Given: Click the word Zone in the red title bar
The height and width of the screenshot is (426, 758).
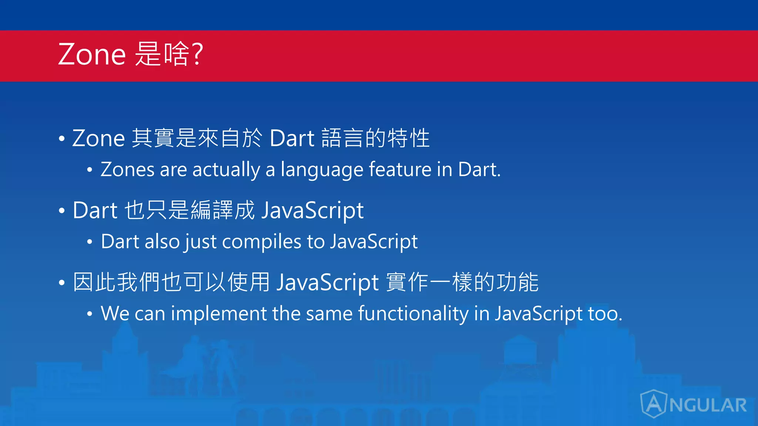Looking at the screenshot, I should coord(92,54).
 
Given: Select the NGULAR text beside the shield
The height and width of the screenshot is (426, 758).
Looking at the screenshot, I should coord(708,405).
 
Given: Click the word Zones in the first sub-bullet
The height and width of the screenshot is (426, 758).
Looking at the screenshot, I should coord(127,170).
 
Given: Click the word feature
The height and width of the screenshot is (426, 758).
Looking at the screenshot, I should coord(400,170).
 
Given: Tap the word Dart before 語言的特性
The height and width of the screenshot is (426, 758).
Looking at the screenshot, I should coord(292,138).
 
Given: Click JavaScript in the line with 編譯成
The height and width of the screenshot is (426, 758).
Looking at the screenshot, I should coord(313,211).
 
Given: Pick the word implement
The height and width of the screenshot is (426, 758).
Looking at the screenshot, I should coord(218,314).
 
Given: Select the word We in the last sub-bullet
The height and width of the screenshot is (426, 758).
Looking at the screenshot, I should coord(115,314).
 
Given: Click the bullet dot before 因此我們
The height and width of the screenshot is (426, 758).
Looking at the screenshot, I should coord(62,283).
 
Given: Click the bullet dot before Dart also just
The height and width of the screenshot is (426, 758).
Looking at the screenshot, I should coord(89,242).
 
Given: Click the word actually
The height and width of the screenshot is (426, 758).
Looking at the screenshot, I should coord(226,170).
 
